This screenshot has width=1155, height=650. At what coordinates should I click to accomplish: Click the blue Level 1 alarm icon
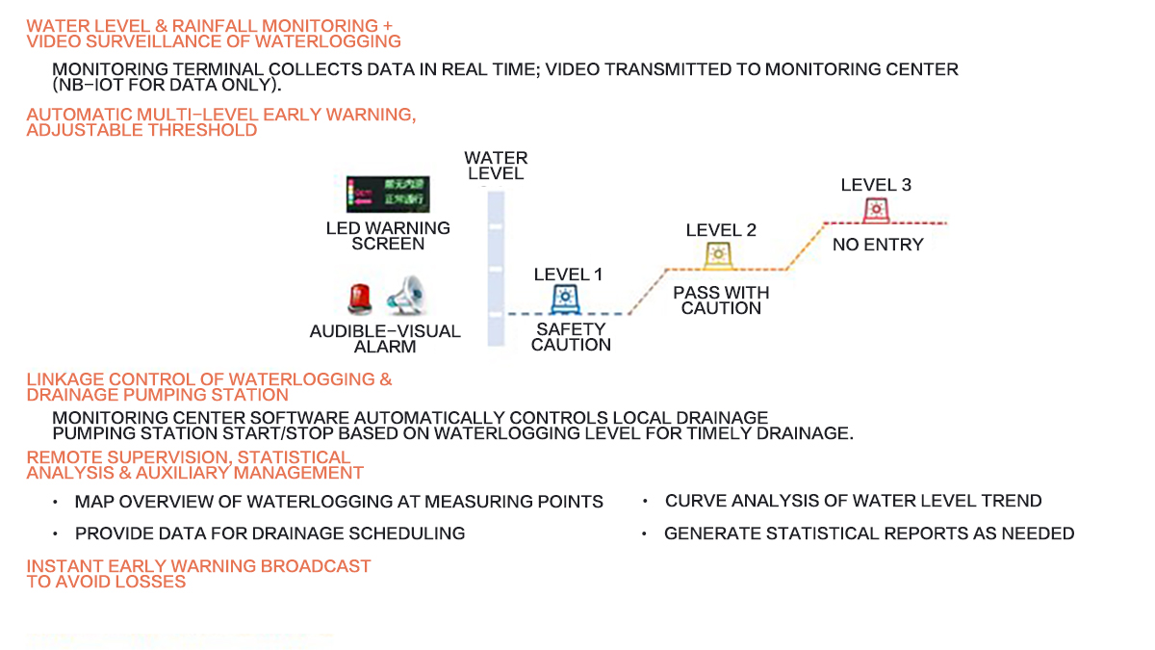pos(566,299)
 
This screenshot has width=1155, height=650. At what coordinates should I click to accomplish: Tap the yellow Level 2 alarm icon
pos(718,253)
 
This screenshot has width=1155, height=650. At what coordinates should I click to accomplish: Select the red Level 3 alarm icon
pos(875,209)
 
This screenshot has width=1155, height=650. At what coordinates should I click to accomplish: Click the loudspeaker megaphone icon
pos(405,296)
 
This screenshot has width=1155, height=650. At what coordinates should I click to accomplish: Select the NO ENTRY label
pos(877,245)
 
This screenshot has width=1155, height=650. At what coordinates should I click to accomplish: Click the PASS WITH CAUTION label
pos(721,300)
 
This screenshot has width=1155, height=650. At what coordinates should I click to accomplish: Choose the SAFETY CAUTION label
pos(571,337)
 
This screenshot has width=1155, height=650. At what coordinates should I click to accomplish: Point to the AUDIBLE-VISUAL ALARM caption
pos(385,339)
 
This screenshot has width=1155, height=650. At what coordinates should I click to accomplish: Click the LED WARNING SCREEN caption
pos(388,236)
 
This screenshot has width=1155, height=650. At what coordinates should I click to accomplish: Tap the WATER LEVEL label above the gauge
pos(496,166)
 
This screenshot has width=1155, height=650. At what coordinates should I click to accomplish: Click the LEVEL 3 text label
pos(876,185)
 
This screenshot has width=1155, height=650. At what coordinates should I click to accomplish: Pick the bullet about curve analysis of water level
pos(853,501)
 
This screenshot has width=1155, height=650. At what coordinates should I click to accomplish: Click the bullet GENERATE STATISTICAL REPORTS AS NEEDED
pos(868,533)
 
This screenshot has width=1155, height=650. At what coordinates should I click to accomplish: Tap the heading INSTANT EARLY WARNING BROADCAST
pos(198,566)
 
